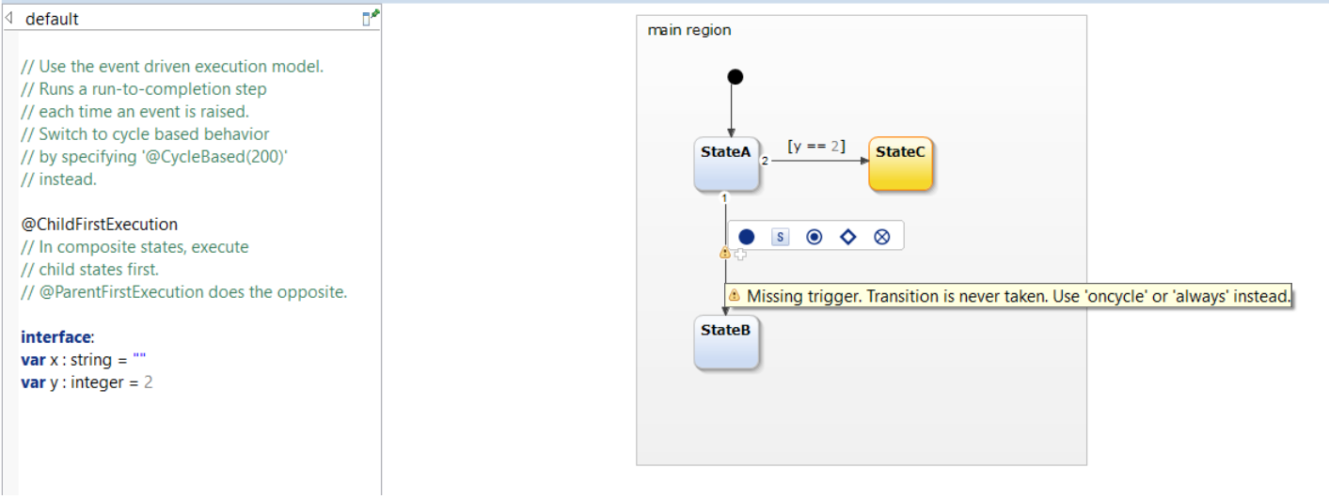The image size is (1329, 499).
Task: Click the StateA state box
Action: coord(726,164)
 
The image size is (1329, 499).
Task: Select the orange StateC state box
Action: coord(900,164)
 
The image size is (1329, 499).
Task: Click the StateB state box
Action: coord(726,343)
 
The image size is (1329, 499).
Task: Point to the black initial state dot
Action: coord(735,77)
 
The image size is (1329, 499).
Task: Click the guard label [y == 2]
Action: coord(815,147)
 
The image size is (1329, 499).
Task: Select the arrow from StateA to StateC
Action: coord(818,162)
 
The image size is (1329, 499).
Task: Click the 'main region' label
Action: coord(689,30)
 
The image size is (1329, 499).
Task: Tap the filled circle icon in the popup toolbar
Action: coord(746,237)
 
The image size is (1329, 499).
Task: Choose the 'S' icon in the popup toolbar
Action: coord(780,237)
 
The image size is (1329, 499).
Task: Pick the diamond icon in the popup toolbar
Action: coord(848,237)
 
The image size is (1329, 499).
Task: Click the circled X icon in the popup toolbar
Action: coord(882,237)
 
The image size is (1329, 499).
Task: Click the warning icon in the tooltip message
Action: coord(735,296)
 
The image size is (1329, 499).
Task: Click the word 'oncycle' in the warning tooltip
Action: coord(1116,297)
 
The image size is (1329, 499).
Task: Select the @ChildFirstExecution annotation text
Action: coord(99,225)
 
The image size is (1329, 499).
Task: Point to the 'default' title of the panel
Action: coord(52,19)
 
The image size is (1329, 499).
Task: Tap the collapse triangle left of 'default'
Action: coord(9,18)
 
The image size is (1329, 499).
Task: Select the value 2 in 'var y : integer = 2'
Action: coord(149,382)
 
